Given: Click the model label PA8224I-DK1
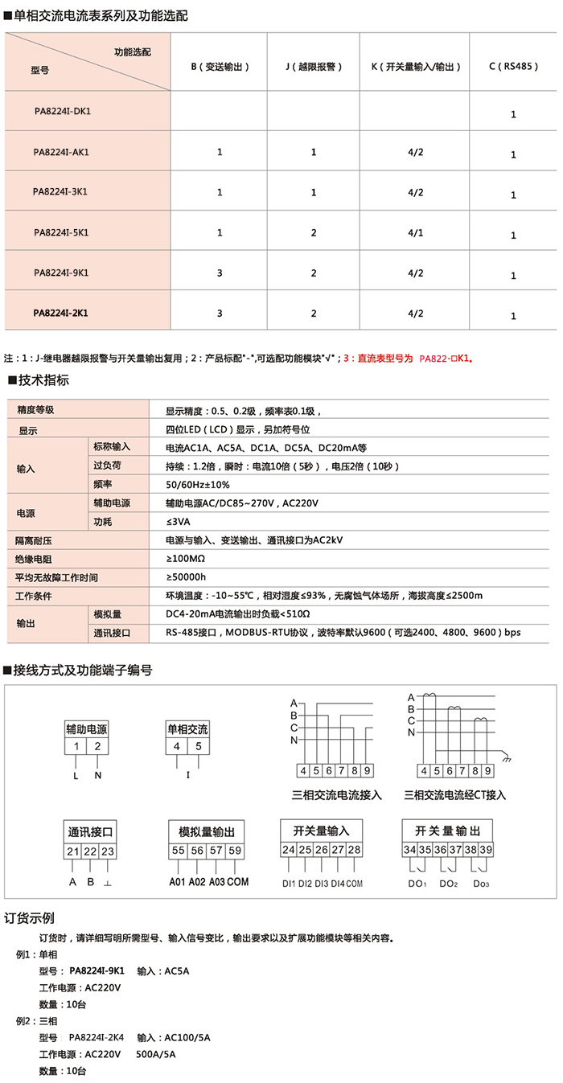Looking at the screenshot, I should pyautogui.click(x=62, y=111).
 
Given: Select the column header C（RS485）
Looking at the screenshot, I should pyautogui.click(x=513, y=68).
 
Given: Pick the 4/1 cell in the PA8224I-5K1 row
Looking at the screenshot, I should pyautogui.click(x=416, y=232).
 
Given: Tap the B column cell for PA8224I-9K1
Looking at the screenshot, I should pyautogui.click(x=220, y=273).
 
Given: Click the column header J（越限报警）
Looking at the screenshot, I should pyautogui.click(x=313, y=68).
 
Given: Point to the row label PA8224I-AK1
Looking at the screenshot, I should pyautogui.click(x=62, y=151).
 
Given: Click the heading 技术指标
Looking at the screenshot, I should pyautogui.click(x=40, y=380).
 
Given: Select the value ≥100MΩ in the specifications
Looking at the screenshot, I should pyautogui.click(x=186, y=558).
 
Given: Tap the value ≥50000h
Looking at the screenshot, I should pyautogui.click(x=186, y=576).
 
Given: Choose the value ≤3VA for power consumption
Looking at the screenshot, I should pyautogui.click(x=178, y=521).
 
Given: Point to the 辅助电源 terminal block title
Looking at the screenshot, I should pyautogui.click(x=86, y=729).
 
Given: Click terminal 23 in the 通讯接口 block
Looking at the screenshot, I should pyautogui.click(x=107, y=851).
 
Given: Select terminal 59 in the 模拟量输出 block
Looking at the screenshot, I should pyautogui.click(x=234, y=850).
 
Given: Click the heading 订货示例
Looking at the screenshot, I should pyautogui.click(x=30, y=918).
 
